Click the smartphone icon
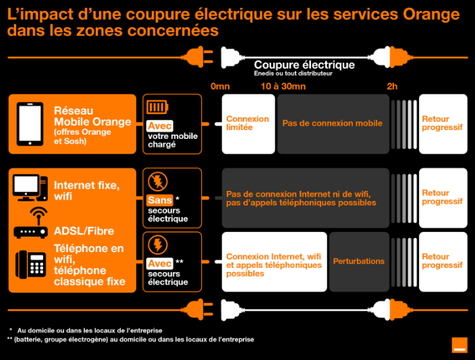tap(30, 124)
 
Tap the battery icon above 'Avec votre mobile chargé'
tap(157, 107)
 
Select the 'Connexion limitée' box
tap(248, 124)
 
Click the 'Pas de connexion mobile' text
tap(333, 123)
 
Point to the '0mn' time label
tap(220, 86)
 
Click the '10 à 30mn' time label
tap(283, 86)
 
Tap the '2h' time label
tap(392, 86)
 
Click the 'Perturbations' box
tap(359, 262)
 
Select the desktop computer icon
tap(30, 187)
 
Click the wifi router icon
tap(30, 223)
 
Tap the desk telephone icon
tap(31, 265)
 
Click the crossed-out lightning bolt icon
tap(157, 181)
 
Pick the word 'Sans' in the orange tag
tap(160, 200)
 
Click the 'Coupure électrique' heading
tap(304, 65)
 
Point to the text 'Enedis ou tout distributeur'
tap(293, 73)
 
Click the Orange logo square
tap(459, 345)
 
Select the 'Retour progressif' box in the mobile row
tap(443, 124)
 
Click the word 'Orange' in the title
tap(431, 15)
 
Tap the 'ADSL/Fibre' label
tap(84, 231)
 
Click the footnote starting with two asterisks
tap(131, 339)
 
